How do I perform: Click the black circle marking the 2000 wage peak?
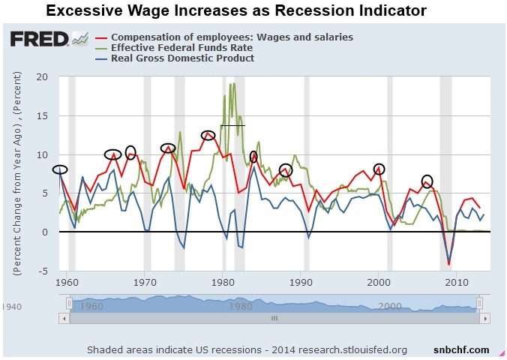pyautogui.click(x=379, y=169)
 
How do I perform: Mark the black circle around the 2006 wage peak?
pyautogui.click(x=427, y=181)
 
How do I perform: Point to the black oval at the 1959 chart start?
pyautogui.click(x=60, y=169)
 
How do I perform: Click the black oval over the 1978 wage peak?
pyautogui.click(x=208, y=135)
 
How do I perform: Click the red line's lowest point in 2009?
pyautogui.click(x=448, y=264)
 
